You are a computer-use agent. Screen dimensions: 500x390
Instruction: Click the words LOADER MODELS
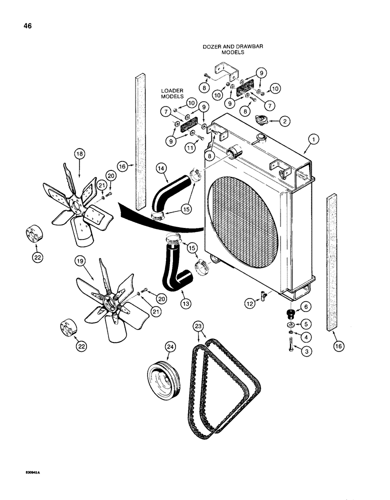(x=172, y=93)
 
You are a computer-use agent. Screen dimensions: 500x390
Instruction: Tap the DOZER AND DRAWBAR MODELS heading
(x=232, y=49)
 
